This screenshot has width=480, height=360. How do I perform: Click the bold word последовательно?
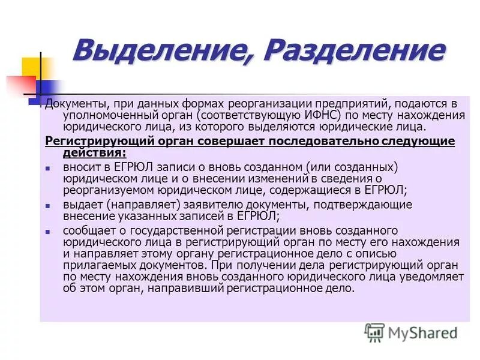click(x=322, y=141)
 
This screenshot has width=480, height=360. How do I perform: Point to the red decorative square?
click(x=17, y=84)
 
